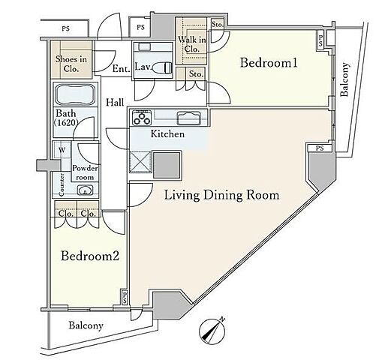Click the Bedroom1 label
269,62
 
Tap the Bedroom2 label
90,256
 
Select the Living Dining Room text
221,195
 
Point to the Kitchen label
167,134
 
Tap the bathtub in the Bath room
76,94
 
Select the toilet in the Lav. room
162,67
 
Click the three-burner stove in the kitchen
142,118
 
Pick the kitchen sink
189,118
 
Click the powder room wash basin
85,190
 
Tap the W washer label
62,150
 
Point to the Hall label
115,102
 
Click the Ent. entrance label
121,68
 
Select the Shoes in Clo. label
71,64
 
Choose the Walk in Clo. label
192,44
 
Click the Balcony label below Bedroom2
86,325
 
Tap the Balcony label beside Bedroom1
344,79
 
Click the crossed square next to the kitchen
140,162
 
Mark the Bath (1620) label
67,118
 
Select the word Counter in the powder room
62,184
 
